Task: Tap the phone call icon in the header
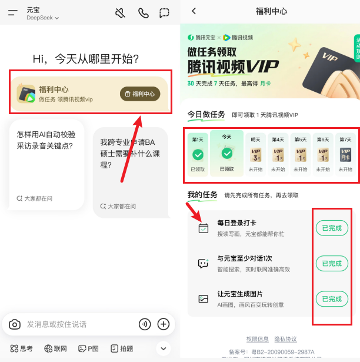coord(143,13)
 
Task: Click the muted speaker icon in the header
coord(121,13)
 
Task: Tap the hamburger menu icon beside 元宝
coord(13,13)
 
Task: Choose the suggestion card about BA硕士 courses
coord(131,168)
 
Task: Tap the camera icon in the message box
coord(15,324)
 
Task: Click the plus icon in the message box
coord(164,324)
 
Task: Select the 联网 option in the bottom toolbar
coord(55,348)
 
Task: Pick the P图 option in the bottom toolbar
coord(89,348)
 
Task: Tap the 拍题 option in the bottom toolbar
coord(122,348)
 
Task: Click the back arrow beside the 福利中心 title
coord(194,11)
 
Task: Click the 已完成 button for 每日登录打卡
coord(332,228)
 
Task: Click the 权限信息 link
coord(258,339)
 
